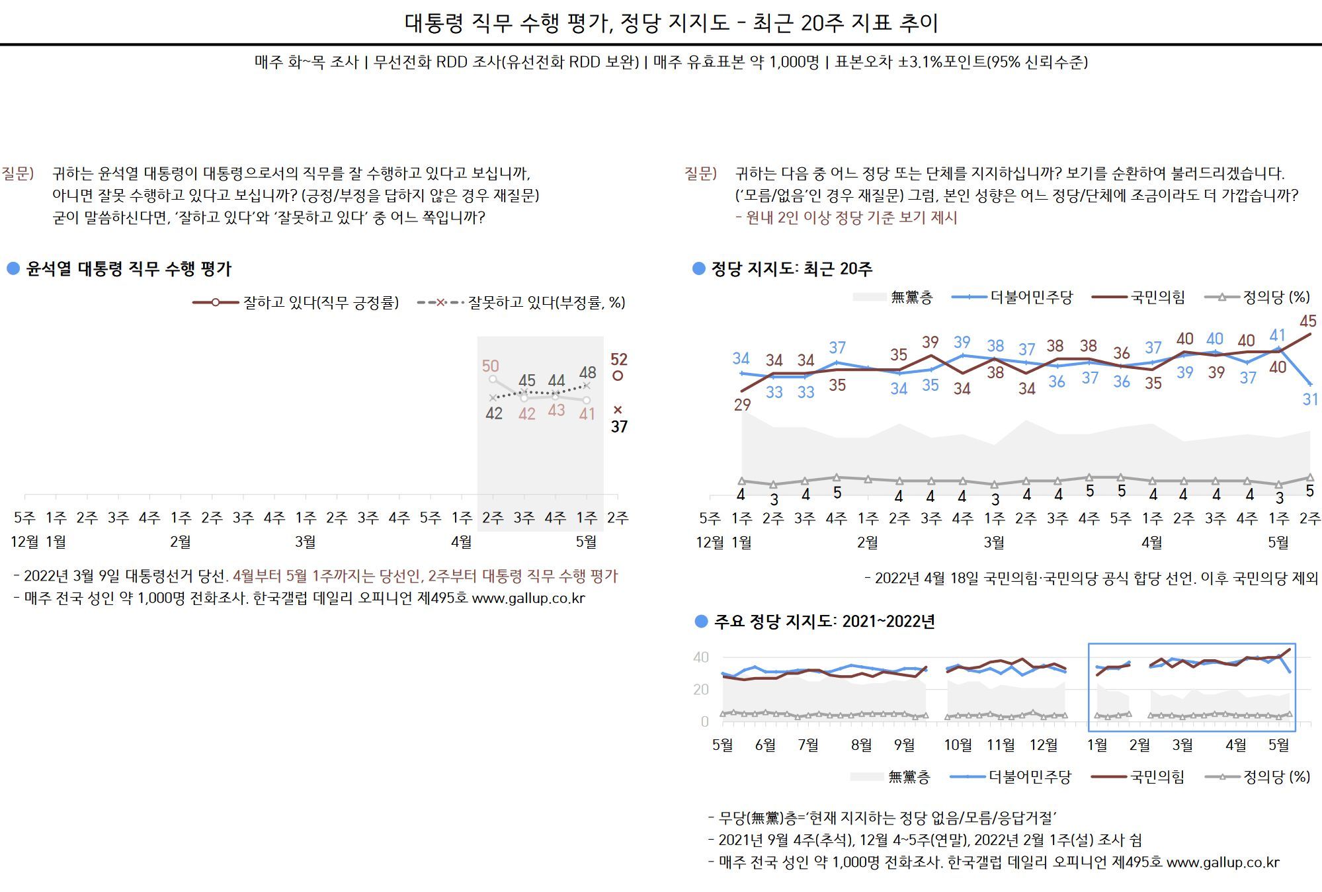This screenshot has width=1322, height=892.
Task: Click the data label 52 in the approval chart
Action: pyautogui.click(x=618, y=359)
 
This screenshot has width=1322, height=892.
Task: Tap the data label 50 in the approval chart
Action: pyautogui.click(x=490, y=366)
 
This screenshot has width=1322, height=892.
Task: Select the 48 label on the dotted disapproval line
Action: pyautogui.click(x=587, y=372)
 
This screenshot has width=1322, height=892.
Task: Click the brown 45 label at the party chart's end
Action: pyautogui.click(x=1307, y=321)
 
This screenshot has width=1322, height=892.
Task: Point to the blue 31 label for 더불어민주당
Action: pyautogui.click(x=1310, y=399)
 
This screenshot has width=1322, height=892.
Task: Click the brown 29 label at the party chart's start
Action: pyautogui.click(x=742, y=405)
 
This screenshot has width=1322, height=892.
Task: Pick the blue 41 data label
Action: pyautogui.click(x=1277, y=335)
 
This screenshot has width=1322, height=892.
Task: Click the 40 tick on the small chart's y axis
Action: pyautogui.click(x=700, y=657)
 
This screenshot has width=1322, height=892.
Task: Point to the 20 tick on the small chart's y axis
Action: pyautogui.click(x=700, y=689)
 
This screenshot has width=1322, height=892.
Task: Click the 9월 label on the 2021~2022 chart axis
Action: pyautogui.click(x=904, y=745)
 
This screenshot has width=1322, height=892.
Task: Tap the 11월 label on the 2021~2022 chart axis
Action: pyautogui.click(x=1000, y=745)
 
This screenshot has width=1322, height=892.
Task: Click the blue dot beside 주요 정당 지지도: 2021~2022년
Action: pyautogui.click(x=701, y=622)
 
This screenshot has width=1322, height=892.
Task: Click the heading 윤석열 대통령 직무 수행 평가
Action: pyautogui.click(x=129, y=269)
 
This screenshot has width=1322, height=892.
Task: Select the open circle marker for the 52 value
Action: pyautogui.click(x=618, y=376)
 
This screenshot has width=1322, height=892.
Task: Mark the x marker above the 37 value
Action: pyautogui.click(x=618, y=410)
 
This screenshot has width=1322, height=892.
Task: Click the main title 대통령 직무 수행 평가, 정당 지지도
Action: pyautogui.click(x=671, y=23)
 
